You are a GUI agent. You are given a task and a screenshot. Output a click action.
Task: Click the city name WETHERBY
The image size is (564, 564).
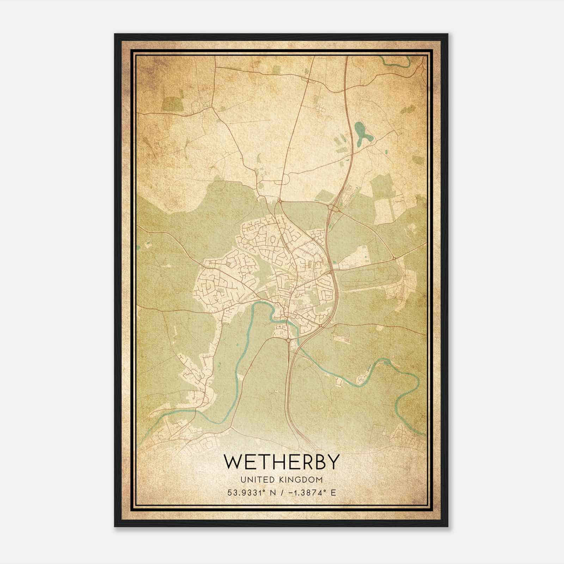[x=282, y=461]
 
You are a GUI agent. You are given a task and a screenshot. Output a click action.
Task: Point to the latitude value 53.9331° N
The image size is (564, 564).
[x=251, y=492]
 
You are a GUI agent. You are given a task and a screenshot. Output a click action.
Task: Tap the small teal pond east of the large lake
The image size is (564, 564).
[x=386, y=152]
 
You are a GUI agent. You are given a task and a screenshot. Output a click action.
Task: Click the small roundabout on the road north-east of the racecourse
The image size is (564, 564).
[x=394, y=258]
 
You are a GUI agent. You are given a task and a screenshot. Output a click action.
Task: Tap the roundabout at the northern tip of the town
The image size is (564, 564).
[x=279, y=202]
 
